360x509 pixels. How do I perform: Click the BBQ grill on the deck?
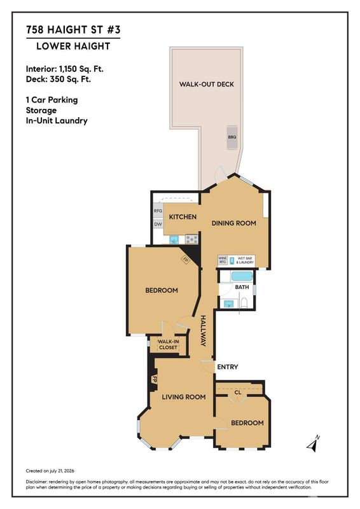[x=232, y=137]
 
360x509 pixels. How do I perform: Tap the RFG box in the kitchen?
[x=158, y=211]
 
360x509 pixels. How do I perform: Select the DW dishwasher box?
[x=158, y=224]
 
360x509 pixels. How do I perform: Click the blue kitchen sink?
[x=174, y=240]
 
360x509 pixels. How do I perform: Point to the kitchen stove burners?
[x=191, y=240]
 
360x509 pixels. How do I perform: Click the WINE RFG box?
[x=223, y=260]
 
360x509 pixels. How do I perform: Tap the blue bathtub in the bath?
[x=242, y=277]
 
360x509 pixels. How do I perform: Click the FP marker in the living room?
[x=155, y=379]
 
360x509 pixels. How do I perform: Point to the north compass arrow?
[x=313, y=443]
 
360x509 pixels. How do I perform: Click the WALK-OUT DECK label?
[x=207, y=84]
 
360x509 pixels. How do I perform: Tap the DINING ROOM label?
[x=233, y=223]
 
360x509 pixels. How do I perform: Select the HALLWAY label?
[x=203, y=331]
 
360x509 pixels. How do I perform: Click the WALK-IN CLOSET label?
[x=168, y=344]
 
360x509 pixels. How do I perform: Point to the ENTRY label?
[x=228, y=367]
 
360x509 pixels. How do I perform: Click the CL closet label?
[x=238, y=393]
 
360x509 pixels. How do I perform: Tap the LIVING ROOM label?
[x=184, y=396]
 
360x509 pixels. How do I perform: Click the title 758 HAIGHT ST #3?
[x=73, y=30]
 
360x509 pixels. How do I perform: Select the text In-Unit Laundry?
[x=57, y=121]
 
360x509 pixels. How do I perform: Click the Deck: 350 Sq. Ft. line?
[x=59, y=79]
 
